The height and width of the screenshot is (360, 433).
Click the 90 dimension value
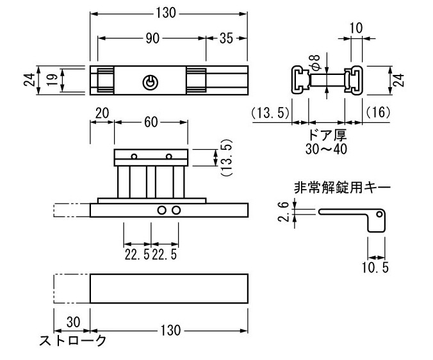pyautogui.click(x=152, y=38)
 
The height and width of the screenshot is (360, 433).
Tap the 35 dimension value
pyautogui.click(x=226, y=38)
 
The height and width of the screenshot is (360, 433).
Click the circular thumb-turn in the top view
pyautogui.click(x=151, y=82)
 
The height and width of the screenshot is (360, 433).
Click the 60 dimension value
pyautogui.click(x=151, y=122)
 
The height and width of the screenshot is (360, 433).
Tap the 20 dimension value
pyautogui.click(x=102, y=113)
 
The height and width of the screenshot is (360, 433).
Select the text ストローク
pyautogui.click(x=72, y=341)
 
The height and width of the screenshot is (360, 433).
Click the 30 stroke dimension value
pyautogui.click(x=73, y=322)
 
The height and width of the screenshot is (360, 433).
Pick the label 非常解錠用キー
pyautogui.click(x=343, y=188)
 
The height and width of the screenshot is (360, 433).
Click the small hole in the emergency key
pyautogui.click(x=379, y=214)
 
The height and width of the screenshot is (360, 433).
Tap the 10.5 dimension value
pyautogui.click(x=375, y=267)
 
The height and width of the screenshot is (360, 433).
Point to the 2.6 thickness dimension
pyautogui.click(x=283, y=212)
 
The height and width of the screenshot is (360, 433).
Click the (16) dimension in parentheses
pyautogui.click(x=378, y=112)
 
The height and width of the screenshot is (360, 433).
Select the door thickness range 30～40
pyautogui.click(x=327, y=149)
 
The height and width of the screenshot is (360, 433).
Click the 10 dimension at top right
pyautogui.click(x=356, y=28)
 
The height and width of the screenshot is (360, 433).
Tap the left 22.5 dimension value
pyautogui.click(x=137, y=254)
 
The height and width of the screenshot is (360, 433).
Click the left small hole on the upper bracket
pyautogui.click(x=135, y=156)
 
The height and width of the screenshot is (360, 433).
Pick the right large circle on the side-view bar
pyautogui.click(x=176, y=210)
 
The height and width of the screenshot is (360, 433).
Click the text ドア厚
pyautogui.click(x=327, y=135)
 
